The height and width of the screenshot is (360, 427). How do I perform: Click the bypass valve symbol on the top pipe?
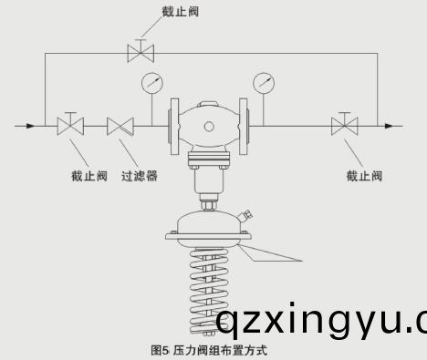[x=141, y=52]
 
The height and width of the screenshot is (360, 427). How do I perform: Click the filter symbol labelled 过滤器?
[x=120, y=125]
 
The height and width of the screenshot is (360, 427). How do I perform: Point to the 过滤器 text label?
[x=139, y=176]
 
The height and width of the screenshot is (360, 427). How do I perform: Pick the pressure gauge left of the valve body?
[x=151, y=83]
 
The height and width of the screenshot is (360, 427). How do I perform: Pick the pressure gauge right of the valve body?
[x=266, y=83]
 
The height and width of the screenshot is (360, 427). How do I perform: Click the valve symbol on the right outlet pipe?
[x=344, y=125]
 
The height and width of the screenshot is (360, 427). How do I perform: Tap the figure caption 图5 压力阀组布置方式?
[x=209, y=349]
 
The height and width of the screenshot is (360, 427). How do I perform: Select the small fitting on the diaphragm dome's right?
[x=245, y=217]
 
